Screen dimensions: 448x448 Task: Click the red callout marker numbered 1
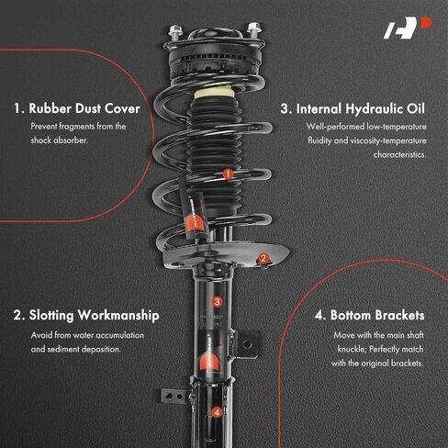pos(228,174)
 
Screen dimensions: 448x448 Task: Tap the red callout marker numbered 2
pos(263,258)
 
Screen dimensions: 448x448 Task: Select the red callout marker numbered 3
pos(217,302)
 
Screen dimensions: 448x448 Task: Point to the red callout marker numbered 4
pos(217,412)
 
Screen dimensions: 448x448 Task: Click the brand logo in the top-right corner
pos(408,28)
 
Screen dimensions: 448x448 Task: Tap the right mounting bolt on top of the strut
pos(253,29)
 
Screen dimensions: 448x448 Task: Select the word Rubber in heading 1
pos(50,108)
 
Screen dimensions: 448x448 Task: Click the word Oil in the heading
pos(416,108)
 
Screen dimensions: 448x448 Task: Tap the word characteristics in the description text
pos(399,154)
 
